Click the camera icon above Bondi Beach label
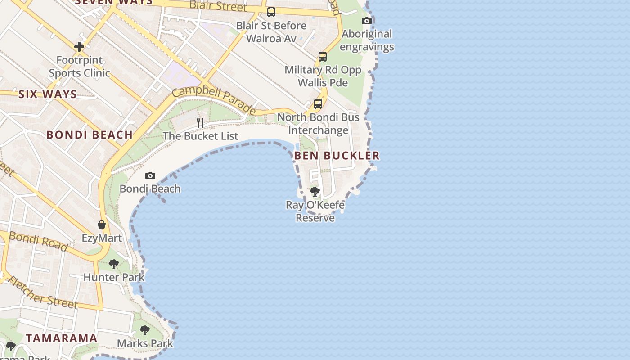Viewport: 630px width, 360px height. (150, 175)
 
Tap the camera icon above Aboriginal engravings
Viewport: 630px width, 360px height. (367, 21)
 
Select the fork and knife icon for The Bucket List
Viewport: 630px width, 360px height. (200, 122)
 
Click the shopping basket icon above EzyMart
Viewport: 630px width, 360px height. (102, 225)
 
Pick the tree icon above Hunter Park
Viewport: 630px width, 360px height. (114, 264)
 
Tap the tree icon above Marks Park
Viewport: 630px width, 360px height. (144, 330)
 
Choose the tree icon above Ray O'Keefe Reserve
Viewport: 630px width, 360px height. (315, 192)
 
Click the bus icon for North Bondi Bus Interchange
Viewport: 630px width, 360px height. (318, 104)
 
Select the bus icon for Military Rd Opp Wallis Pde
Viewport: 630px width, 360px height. (323, 57)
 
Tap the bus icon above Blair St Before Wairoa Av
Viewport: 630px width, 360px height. (271, 12)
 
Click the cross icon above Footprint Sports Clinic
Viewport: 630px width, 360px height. (79, 47)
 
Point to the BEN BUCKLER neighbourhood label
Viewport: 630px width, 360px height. (337, 156)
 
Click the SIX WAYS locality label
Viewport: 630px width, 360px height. (48, 94)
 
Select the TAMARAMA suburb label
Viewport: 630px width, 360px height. (62, 338)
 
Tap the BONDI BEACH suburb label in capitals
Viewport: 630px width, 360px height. (90, 135)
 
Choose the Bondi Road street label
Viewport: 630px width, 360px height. (38, 241)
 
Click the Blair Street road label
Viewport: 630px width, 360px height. (218, 6)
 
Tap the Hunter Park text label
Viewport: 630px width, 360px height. (114, 277)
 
